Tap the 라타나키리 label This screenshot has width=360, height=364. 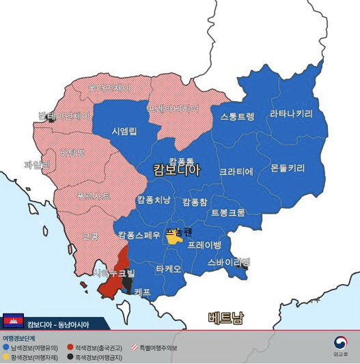click(291, 113)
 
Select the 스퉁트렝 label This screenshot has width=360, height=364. click(237, 116)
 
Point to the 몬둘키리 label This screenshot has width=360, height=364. click(288, 168)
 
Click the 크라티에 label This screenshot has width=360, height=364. click(236, 171)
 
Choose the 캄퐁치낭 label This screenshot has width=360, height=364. click(154, 199)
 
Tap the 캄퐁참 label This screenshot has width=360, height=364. click(195, 202)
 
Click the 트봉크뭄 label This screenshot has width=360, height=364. click(227, 212)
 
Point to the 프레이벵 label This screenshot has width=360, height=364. click(205, 244)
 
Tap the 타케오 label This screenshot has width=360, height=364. click(169, 269)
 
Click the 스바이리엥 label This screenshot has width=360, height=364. click(229, 262)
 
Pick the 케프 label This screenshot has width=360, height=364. click(142, 292)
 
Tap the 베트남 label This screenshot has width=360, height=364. click(225, 317)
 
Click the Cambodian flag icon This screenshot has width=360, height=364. click(14, 320)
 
